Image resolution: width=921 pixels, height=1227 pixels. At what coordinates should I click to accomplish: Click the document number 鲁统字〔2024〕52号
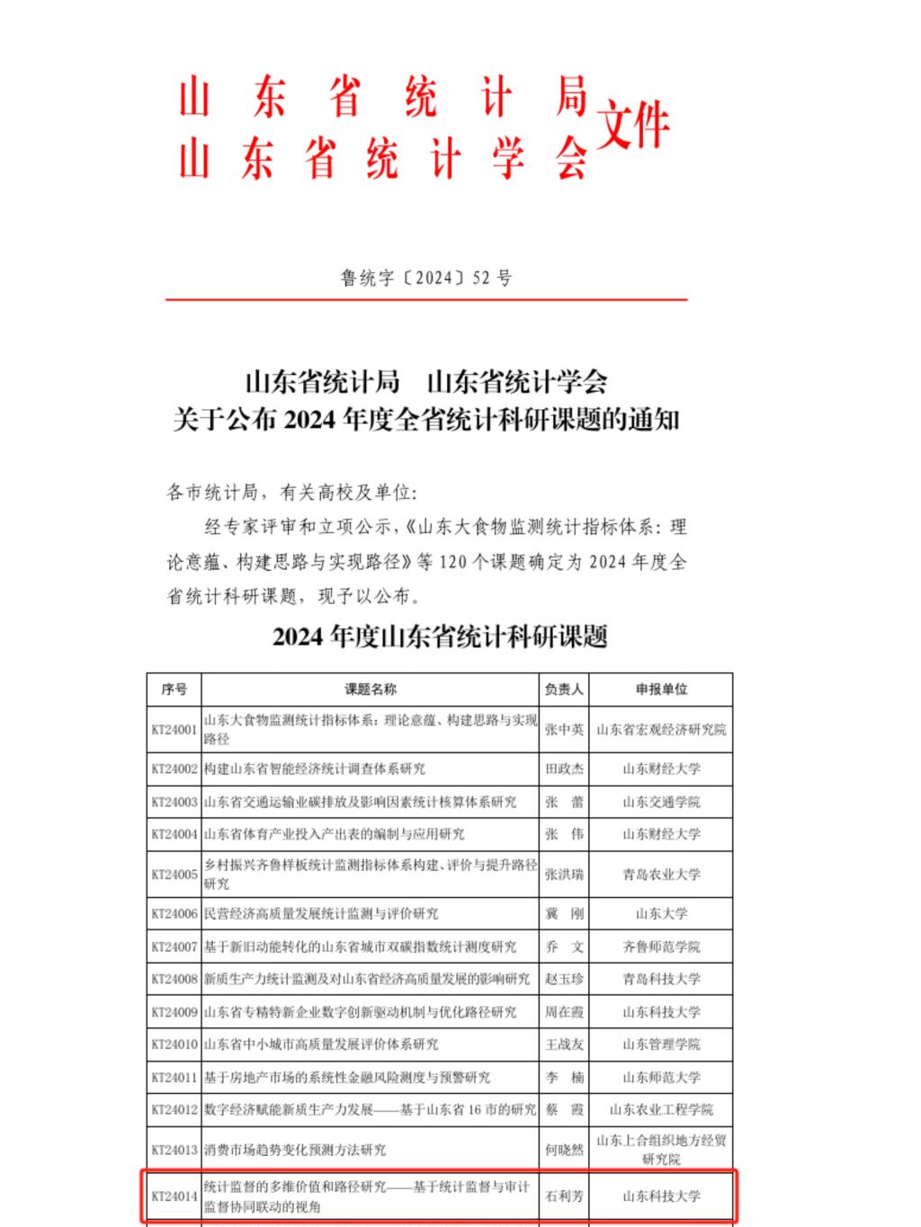[425, 278]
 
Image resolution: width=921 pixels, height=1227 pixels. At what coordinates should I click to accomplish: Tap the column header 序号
[174, 689]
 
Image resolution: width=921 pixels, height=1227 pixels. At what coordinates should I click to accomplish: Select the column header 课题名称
[370, 689]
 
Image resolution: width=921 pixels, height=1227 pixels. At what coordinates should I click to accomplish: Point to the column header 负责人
[564, 689]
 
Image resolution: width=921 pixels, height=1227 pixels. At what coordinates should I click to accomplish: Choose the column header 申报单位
[661, 689]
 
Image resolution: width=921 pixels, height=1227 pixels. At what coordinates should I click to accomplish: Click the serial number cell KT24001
[174, 730]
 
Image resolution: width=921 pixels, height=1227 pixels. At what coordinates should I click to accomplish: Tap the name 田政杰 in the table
[564, 769]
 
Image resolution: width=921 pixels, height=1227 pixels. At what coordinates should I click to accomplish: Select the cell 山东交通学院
[661, 802]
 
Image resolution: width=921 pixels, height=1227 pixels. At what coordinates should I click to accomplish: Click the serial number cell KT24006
[174, 913]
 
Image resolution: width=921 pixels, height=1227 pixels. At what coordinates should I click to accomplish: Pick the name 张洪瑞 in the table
[564, 874]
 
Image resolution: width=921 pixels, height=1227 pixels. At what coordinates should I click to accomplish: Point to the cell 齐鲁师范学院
[661, 947]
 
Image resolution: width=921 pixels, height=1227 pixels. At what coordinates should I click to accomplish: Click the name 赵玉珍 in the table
[564, 979]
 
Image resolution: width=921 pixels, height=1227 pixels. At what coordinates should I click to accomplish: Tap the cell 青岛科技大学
[661, 979]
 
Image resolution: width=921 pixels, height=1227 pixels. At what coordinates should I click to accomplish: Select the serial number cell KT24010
[174, 1045]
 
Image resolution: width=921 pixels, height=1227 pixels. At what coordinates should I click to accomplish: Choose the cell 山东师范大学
[661, 1077]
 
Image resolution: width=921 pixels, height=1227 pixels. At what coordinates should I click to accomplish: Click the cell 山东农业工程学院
[661, 1110]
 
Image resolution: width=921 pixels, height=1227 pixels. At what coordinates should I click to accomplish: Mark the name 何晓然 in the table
[564, 1150]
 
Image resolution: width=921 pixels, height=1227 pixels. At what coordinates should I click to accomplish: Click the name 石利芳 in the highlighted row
[564, 1196]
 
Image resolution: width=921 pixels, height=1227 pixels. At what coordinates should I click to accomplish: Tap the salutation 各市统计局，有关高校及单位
[292, 493]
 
